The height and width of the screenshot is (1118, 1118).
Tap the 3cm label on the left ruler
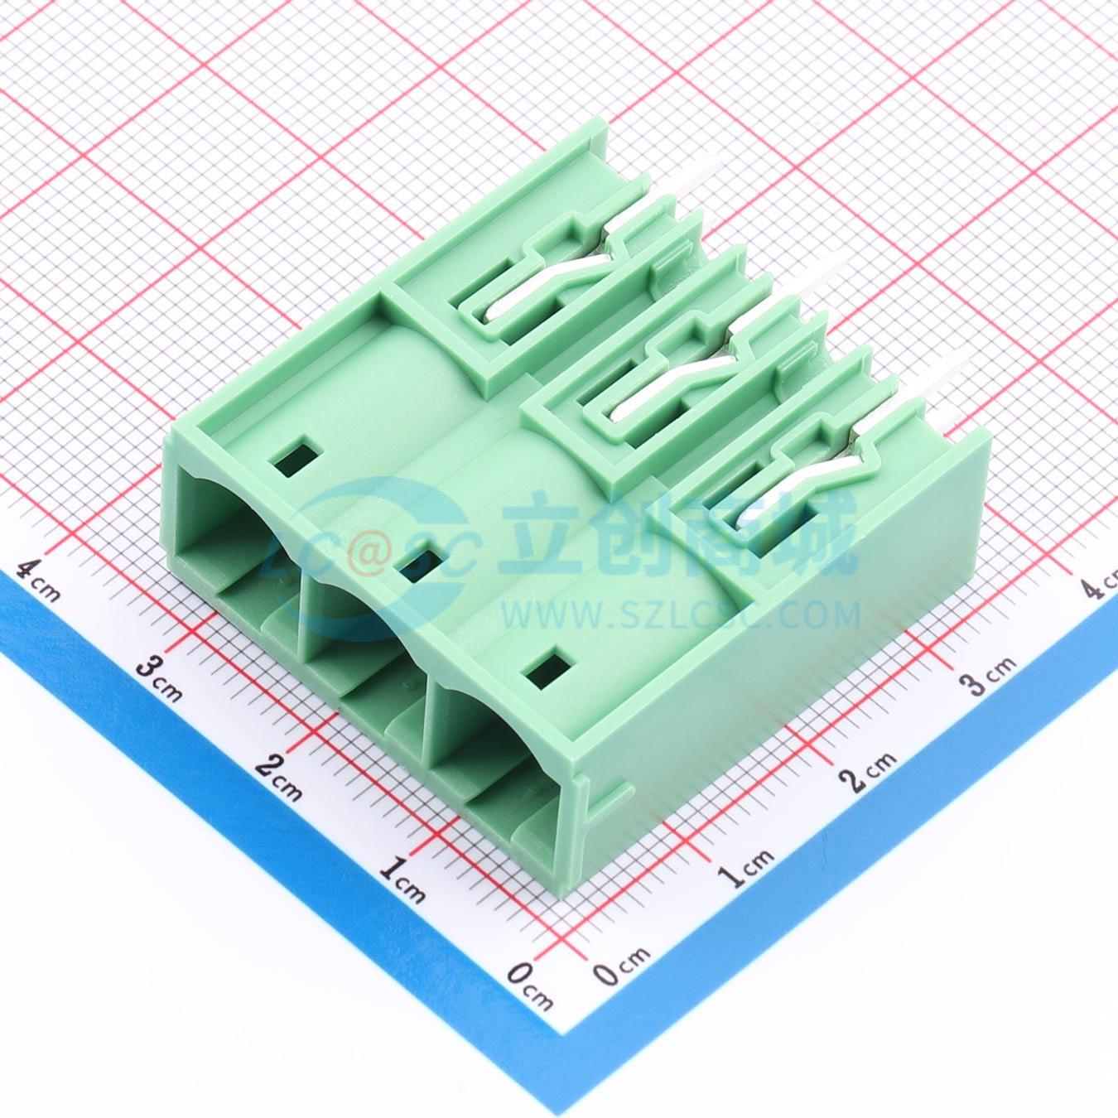158,680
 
